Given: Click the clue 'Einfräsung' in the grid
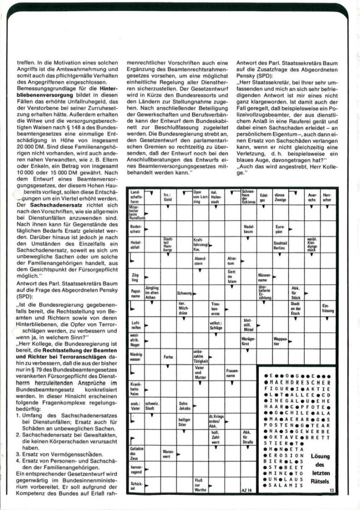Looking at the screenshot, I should click(327, 308).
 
